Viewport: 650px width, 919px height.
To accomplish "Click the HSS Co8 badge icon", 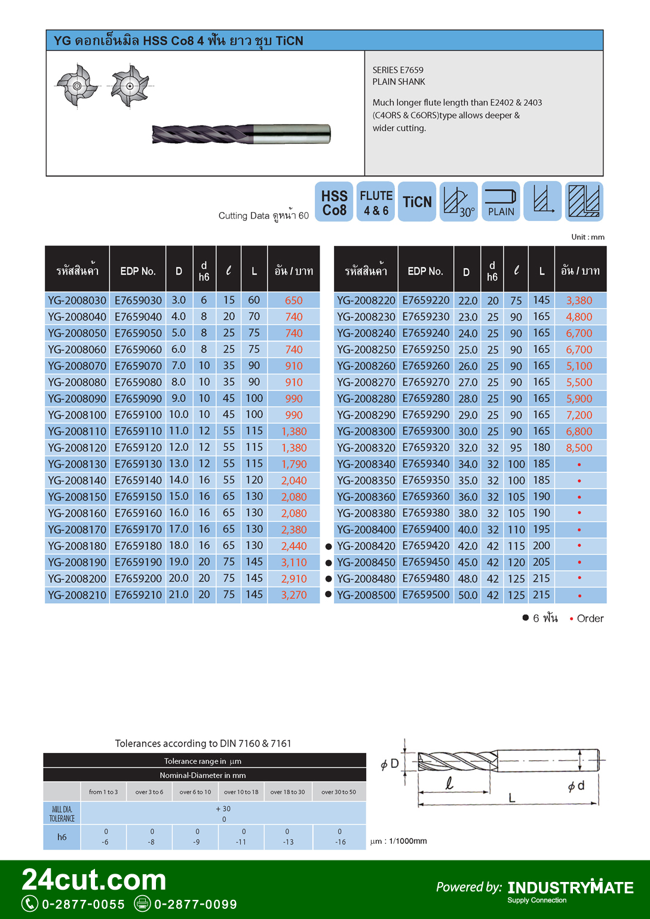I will [334, 202].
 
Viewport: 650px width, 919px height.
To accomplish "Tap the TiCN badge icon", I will [417, 202].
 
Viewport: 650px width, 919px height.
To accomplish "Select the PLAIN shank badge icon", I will [501, 202].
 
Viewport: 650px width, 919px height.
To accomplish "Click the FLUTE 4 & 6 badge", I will [376, 202].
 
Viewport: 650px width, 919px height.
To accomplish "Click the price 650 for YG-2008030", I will [293, 300].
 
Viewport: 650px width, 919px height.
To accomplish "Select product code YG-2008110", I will [77, 431].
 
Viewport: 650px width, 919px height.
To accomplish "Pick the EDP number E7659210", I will [138, 595].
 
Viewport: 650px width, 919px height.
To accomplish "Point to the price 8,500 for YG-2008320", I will [579, 448].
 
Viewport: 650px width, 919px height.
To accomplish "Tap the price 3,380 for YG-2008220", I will [579, 300].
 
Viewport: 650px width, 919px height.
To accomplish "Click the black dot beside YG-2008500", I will [328, 594].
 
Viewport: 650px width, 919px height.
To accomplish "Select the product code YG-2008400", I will [366, 530].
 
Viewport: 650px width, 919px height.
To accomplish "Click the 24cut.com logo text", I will [94, 880].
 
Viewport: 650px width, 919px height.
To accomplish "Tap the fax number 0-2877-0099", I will [195, 904].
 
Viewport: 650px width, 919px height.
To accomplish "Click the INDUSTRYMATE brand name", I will [571, 887].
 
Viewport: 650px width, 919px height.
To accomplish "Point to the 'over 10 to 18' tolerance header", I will [241, 792].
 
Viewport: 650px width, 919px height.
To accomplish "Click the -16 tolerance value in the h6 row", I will [340, 842].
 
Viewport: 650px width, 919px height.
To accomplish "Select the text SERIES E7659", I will [398, 70].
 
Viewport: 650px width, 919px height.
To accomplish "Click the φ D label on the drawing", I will [390, 764].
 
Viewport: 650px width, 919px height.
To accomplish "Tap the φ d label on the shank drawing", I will [576, 786].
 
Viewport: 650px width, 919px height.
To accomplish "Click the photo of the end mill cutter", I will [241, 134].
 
